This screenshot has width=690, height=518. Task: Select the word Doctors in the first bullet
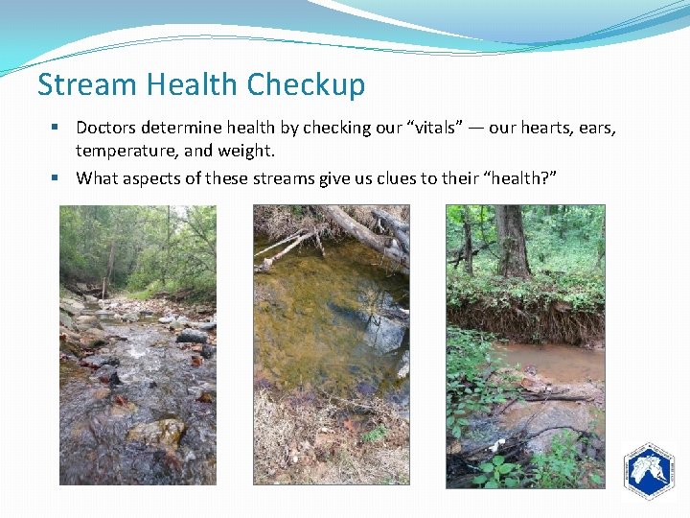(106, 128)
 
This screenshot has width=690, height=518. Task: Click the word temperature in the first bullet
(122, 151)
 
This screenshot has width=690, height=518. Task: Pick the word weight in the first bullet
(248, 151)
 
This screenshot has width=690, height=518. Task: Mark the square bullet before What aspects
(59, 177)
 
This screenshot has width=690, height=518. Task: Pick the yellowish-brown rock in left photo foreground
(160, 433)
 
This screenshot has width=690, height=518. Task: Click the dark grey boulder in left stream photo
(191, 335)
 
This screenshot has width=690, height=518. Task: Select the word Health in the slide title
(195, 84)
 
